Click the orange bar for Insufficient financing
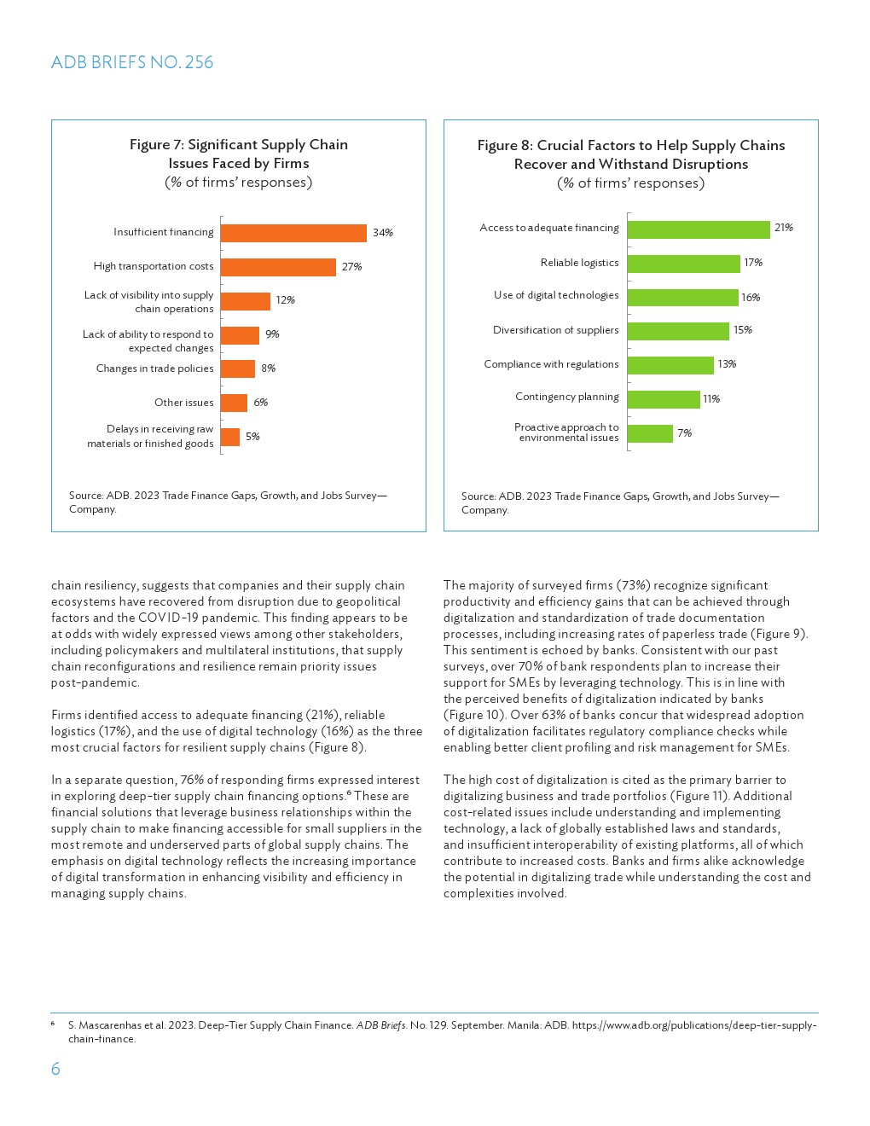tap(293, 233)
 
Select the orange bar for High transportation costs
tap(278, 267)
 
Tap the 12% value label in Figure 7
tap(285, 300)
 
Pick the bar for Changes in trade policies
tap(238, 369)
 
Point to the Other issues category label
tap(184, 403)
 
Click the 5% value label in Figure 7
tap(252, 437)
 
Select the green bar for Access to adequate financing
tap(699, 229)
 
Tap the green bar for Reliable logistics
tap(683, 264)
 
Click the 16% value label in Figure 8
tap(751, 298)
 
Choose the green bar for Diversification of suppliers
tap(678, 331)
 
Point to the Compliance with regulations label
tap(551, 364)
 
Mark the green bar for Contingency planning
tap(664, 399)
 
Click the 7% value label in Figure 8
tap(684, 433)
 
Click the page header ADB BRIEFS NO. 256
tap(132, 62)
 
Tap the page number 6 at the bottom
tap(55, 1069)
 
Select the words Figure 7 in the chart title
tap(155, 145)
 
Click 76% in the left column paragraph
tap(193, 780)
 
